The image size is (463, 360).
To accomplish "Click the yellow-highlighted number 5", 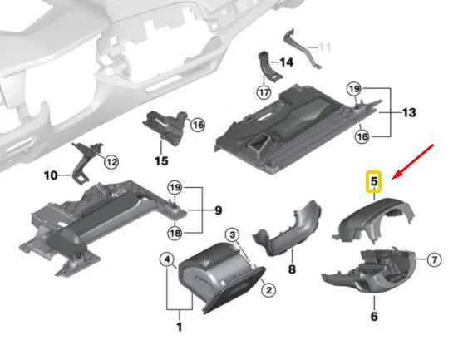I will [374, 180].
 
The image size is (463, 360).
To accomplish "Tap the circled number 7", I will [433, 261].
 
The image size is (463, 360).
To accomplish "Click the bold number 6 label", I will [374, 317].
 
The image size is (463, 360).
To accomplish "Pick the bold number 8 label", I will [292, 269].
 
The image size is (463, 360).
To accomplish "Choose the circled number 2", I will [268, 289].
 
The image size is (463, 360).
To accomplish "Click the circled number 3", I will [233, 236].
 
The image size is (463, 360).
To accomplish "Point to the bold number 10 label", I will [51, 176].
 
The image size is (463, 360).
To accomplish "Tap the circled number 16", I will [197, 125].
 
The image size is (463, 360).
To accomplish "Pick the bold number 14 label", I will [286, 62].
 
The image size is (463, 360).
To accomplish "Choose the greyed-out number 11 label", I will [326, 48].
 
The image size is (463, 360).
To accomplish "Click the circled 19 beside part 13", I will [353, 88].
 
